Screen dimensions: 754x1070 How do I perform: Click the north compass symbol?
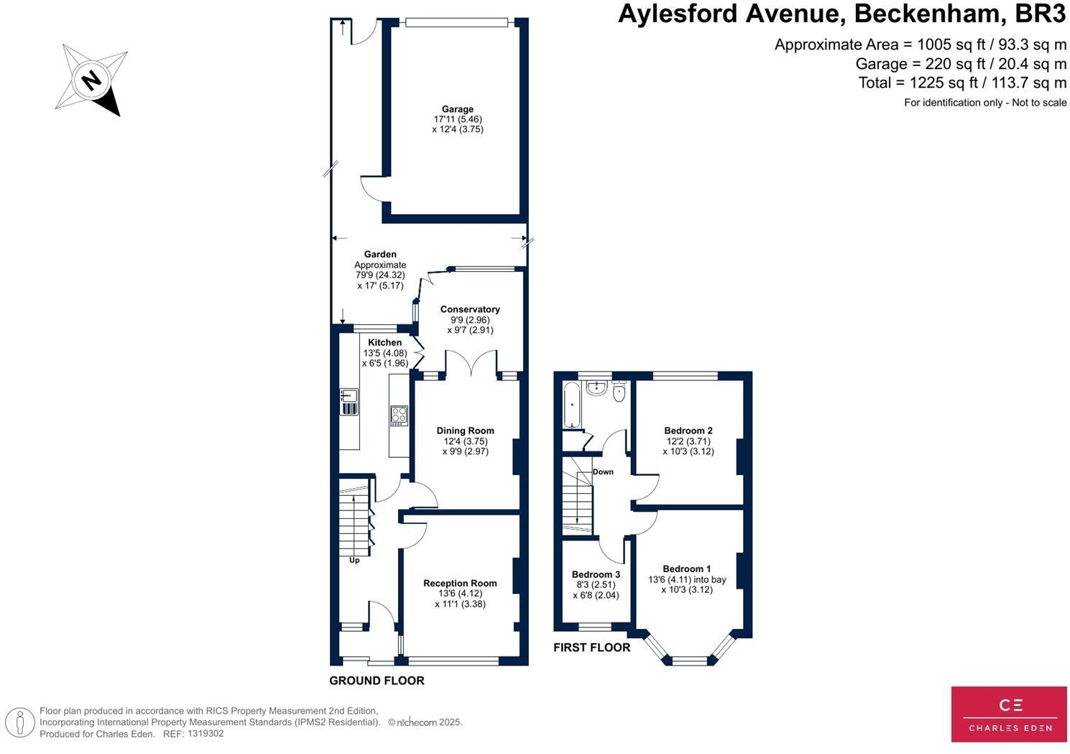[x=91, y=80]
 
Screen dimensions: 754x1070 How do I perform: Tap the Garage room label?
[x=458, y=109]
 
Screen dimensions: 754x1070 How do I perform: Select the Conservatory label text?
[x=470, y=310]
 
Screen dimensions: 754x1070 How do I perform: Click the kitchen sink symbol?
[x=349, y=402]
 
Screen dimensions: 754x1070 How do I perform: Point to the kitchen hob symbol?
[x=398, y=415]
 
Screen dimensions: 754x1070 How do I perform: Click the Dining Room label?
[x=465, y=431]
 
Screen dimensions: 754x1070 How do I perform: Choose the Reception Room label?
[x=460, y=584]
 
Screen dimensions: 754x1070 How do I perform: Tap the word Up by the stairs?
[x=354, y=561]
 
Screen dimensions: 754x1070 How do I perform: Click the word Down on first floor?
[x=603, y=472]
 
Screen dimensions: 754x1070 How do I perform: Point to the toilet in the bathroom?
[x=619, y=392]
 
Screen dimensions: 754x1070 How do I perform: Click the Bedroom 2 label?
[x=688, y=431]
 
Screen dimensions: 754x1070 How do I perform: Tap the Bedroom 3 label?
[x=596, y=575]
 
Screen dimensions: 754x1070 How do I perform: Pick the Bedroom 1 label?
[x=686, y=569]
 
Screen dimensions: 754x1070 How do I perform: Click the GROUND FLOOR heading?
[x=377, y=681]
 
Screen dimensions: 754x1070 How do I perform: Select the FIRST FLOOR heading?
[x=591, y=648]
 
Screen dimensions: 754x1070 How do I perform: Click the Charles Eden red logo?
[x=1008, y=714]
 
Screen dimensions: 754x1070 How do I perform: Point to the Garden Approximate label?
[x=380, y=259]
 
